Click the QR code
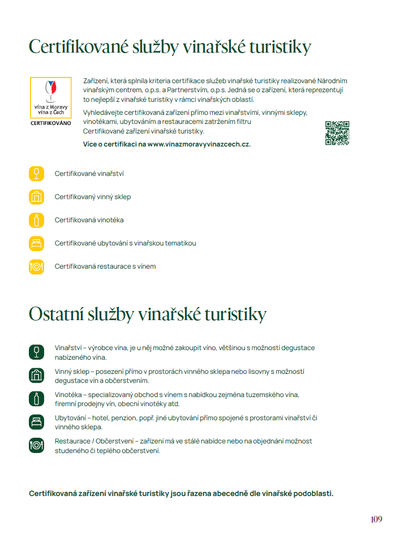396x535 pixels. pos(337,133)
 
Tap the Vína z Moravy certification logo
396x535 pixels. pos(50,97)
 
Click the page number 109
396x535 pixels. pos(377,519)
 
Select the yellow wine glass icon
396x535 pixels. pos(36,174)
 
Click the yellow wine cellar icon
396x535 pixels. pos(36,197)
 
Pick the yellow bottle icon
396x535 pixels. pos(36,220)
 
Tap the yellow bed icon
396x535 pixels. pos(36,243)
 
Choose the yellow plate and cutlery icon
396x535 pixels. pos(36,266)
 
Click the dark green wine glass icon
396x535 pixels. pos(36,352)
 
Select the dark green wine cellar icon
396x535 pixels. pos(36,375)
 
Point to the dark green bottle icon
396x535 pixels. pos(36,398)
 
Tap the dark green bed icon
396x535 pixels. pos(36,422)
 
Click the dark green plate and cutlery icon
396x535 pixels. pos(36,445)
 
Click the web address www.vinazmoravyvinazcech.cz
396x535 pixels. pos(199,144)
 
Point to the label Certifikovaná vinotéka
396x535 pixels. pos(89,220)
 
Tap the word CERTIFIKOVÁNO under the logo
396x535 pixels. pos(51,123)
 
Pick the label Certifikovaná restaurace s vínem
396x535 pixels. pos(105,266)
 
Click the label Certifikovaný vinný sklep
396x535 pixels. pos(92,197)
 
